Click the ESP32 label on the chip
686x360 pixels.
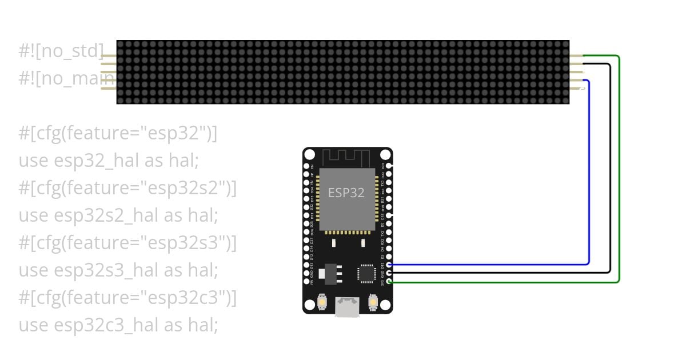click(x=346, y=193)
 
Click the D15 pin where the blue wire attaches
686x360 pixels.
click(x=389, y=265)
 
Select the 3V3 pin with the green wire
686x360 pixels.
click(x=389, y=281)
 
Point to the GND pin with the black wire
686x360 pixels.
click(x=389, y=273)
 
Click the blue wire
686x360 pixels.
click(x=589, y=171)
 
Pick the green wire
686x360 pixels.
click(x=619, y=171)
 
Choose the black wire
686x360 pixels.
click(x=610, y=171)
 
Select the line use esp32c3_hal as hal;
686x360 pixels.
click(x=118, y=325)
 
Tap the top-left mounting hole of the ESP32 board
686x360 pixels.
click(x=310, y=155)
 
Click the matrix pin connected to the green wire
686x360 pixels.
click(x=576, y=56)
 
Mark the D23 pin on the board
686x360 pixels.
click(x=389, y=166)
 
